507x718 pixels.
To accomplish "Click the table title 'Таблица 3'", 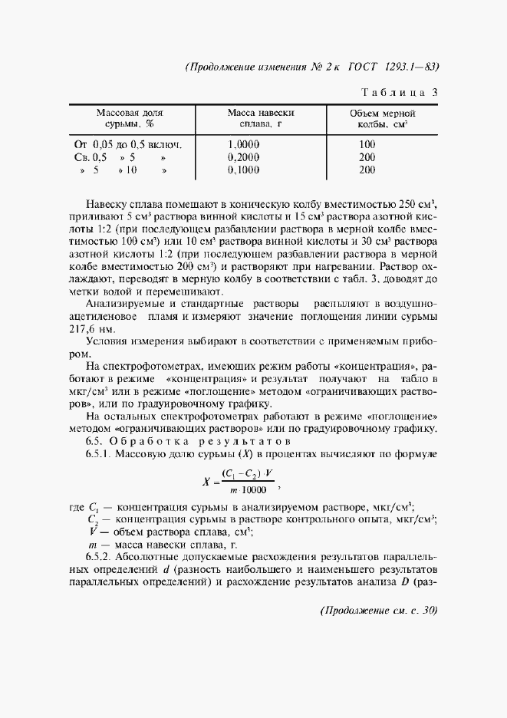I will point(399,93).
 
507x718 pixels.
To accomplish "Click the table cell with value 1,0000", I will point(244,144).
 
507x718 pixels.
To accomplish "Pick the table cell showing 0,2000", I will point(244,157).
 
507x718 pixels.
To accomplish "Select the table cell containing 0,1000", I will point(244,170).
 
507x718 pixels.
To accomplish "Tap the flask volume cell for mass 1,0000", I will point(367,144).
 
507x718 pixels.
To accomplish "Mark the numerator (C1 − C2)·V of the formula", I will point(248,474).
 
